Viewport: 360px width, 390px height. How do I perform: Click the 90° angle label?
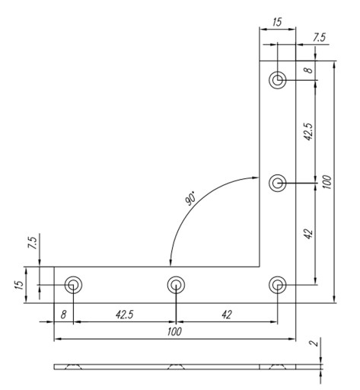pyautogui.click(x=190, y=198)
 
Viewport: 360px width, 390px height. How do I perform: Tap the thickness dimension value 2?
pyautogui.click(x=314, y=343)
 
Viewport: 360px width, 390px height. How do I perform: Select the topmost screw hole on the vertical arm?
pyautogui.click(x=278, y=80)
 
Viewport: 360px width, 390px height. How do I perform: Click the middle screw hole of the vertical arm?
pyautogui.click(x=278, y=183)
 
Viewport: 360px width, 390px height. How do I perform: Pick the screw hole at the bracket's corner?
pyautogui.click(x=278, y=285)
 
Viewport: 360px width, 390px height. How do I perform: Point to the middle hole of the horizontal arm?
pyautogui.click(x=176, y=285)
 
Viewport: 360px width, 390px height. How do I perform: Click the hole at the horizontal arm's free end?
pyautogui.click(x=73, y=285)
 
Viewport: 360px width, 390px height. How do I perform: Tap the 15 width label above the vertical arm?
pyautogui.click(x=277, y=22)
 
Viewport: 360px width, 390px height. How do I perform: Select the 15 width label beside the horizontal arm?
pyautogui.click(x=19, y=285)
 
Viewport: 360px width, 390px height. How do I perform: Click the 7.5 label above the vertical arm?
pyautogui.click(x=318, y=37)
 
